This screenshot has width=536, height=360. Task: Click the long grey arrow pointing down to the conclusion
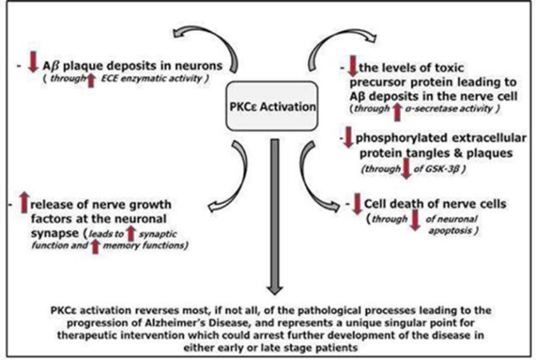273,216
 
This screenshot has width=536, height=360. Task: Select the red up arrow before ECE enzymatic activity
91,81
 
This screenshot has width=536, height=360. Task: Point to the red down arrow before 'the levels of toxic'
349,66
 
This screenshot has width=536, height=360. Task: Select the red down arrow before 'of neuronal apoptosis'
415,219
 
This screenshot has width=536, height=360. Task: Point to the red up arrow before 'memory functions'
95,245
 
